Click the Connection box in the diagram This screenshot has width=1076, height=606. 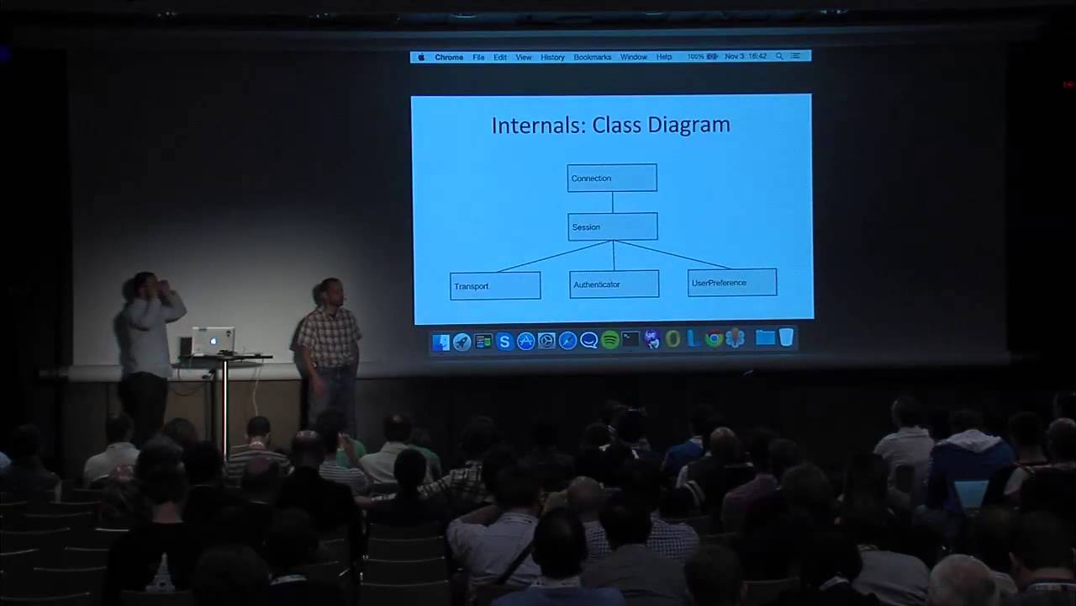(612, 178)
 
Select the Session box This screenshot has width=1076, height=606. (612, 226)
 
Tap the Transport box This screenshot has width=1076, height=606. (495, 285)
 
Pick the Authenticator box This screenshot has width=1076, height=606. (614, 284)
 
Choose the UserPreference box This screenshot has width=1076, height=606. (731, 282)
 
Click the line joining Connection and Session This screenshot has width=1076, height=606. (613, 202)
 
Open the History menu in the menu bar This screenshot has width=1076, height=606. (552, 57)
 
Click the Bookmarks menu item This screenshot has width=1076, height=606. (592, 57)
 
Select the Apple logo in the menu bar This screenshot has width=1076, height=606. (421, 57)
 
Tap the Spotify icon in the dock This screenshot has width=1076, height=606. (610, 340)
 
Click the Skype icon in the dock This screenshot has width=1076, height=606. (504, 341)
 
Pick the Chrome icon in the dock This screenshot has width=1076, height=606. (714, 339)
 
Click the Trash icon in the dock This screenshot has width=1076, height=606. (786, 338)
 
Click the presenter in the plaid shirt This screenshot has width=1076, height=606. (329, 345)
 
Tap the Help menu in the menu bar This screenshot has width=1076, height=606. (664, 57)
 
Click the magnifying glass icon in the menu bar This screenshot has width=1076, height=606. (779, 56)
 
